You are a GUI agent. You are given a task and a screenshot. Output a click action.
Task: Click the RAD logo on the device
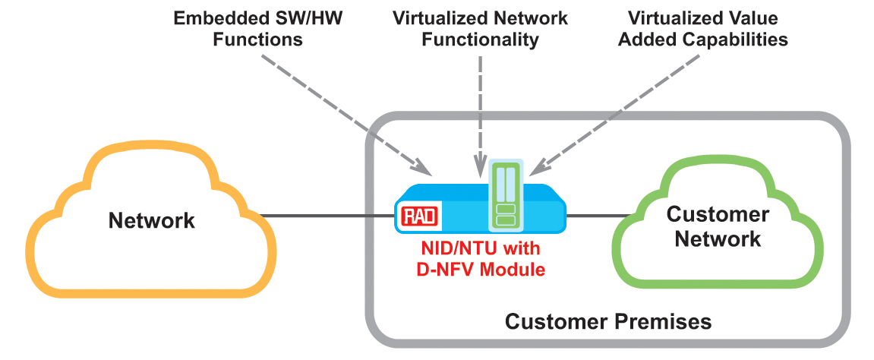point(418,216)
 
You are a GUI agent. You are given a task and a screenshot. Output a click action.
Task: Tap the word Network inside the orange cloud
point(152,221)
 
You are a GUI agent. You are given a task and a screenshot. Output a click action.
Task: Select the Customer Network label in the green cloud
point(718,226)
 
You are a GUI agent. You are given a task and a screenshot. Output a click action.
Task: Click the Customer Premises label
point(608,321)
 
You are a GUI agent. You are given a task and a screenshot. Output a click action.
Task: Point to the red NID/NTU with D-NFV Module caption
point(483,259)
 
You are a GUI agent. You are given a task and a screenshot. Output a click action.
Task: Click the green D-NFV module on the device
point(505,195)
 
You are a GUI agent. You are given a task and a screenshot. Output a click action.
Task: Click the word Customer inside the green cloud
point(718,214)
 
